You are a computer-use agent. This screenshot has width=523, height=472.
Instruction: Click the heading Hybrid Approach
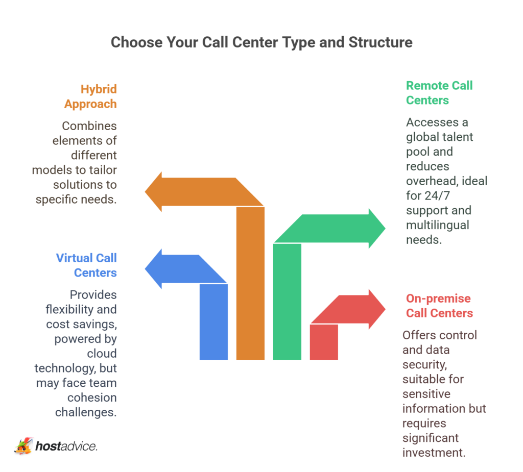[91, 96]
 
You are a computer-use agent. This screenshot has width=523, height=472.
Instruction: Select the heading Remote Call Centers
[439, 93]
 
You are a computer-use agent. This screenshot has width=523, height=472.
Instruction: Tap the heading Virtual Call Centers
[87, 265]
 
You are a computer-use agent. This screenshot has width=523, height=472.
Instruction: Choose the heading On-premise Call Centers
[439, 306]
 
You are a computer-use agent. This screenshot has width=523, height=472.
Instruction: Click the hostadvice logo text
[66, 446]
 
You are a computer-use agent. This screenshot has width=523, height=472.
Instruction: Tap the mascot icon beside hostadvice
[23, 445]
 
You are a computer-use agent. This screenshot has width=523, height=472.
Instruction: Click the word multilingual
[437, 225]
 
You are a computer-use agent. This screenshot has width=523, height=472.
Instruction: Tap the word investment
[434, 452]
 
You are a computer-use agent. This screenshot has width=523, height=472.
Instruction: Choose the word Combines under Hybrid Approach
[89, 126]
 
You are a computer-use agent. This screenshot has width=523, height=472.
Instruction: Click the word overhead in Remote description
[429, 181]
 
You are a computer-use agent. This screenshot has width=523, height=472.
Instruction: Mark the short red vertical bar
[324, 342]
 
